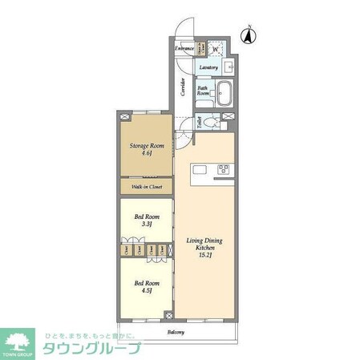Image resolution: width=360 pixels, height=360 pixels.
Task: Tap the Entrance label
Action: pyautogui.click(x=184, y=49)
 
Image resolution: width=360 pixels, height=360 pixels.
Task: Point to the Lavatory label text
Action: pyautogui.click(x=209, y=67)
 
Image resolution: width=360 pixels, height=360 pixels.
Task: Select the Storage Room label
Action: pyautogui.click(x=147, y=147)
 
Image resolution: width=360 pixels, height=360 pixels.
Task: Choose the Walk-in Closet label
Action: pyautogui.click(x=146, y=188)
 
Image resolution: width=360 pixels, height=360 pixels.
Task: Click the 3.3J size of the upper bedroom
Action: pyautogui.click(x=147, y=225)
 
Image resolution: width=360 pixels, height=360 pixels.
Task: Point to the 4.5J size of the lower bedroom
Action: pyautogui.click(x=147, y=291)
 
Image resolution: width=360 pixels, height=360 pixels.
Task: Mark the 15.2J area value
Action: pyautogui.click(x=204, y=257)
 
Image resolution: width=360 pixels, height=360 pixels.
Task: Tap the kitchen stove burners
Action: pyautogui.click(x=222, y=169)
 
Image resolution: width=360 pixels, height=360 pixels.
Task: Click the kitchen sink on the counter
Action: pyautogui.click(x=200, y=169)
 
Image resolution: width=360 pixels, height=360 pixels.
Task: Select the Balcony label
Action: pyautogui.click(x=176, y=332)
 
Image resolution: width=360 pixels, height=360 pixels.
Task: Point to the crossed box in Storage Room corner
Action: pyautogui.click(x=124, y=117)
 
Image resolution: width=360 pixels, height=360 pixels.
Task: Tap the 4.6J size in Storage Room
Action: pyautogui.click(x=147, y=156)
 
